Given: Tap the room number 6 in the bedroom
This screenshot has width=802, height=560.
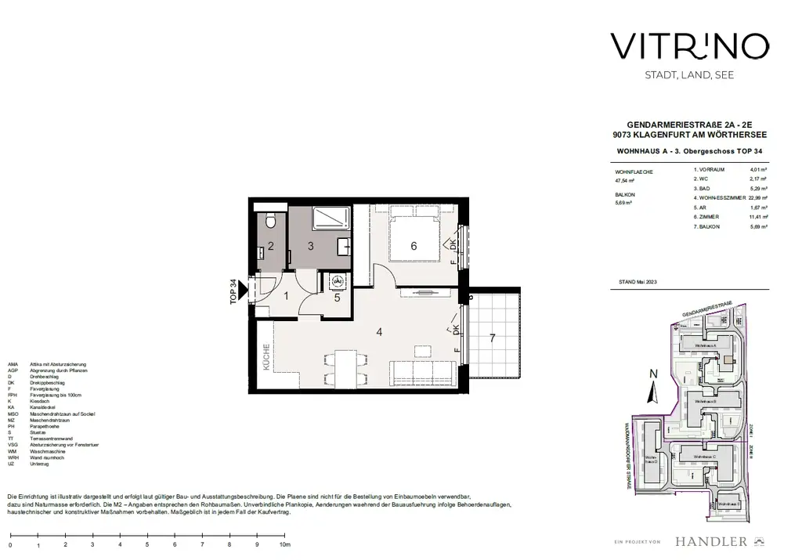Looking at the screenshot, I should tap(414, 245).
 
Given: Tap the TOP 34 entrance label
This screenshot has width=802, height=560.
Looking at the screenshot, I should tap(233, 292).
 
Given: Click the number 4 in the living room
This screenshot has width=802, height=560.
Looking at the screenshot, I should tap(379, 332).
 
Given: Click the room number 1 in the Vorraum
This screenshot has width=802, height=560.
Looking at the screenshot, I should tap(286, 295).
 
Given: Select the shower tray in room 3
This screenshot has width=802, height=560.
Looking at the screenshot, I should tap(332, 219).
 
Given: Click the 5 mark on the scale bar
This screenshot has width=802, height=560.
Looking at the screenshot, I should tap(147, 544).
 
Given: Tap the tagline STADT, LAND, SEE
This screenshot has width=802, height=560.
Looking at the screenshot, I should tap(677, 75).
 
